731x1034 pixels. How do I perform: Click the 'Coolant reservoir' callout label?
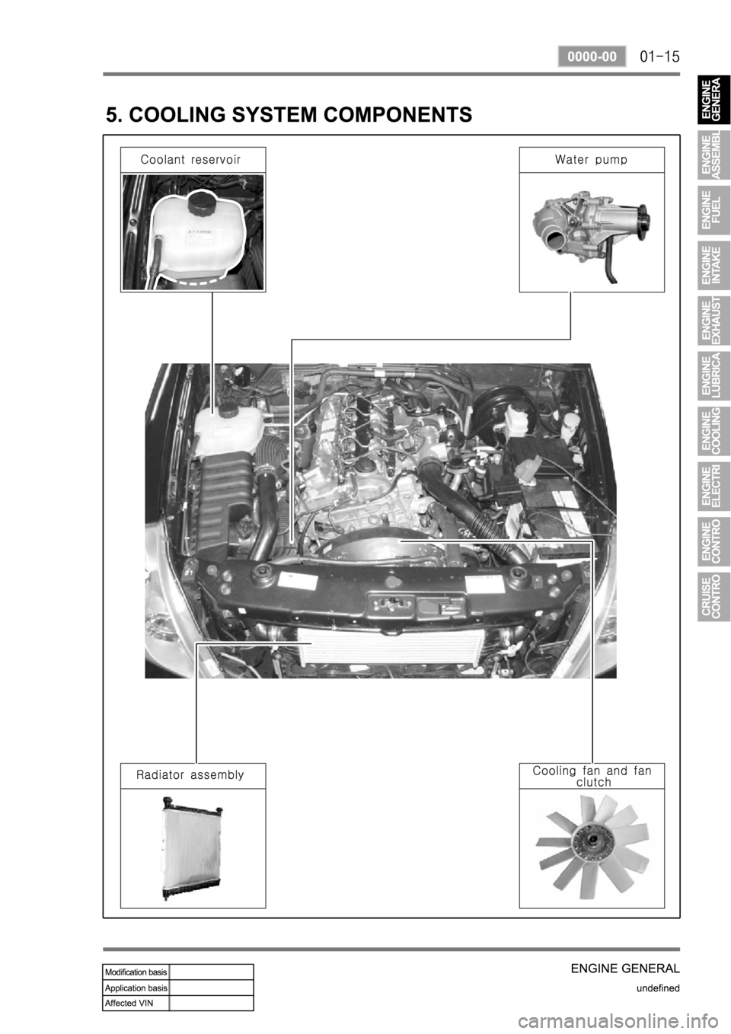point(190,160)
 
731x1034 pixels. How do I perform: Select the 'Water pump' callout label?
point(591,160)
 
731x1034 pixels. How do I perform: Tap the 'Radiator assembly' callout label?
point(190,774)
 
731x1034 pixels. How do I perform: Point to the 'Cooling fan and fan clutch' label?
point(592,777)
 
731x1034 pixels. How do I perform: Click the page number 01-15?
point(660,57)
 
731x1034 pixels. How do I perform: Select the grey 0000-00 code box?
point(592,56)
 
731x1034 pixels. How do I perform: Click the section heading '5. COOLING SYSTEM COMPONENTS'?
point(289,114)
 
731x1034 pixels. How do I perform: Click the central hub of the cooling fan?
point(592,847)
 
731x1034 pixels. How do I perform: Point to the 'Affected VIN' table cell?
point(136,1003)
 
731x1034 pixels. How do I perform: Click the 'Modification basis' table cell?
point(136,972)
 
